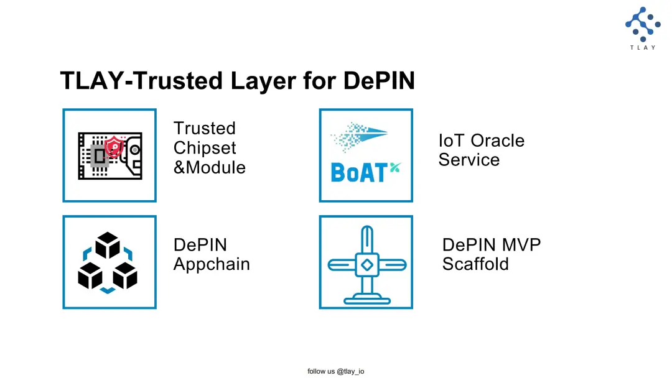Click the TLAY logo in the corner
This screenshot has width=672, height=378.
(642, 28)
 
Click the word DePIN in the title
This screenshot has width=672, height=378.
(379, 80)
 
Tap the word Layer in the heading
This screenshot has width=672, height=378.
(263, 81)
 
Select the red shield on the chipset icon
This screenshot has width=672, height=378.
(114, 147)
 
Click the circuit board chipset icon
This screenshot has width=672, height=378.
(110, 156)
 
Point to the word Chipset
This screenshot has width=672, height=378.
(205, 149)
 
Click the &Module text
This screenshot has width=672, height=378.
(210, 167)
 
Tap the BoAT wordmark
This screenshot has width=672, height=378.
(359, 173)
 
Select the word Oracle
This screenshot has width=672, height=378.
(498, 141)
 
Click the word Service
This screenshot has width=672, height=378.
(469, 160)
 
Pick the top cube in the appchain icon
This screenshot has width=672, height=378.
(108, 245)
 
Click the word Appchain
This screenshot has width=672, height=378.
(212, 264)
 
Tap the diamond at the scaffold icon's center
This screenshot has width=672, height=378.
(367, 265)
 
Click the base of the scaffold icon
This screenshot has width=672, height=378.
(367, 299)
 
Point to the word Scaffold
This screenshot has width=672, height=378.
(475, 264)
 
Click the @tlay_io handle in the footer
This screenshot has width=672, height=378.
(350, 371)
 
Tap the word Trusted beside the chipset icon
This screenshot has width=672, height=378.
(205, 129)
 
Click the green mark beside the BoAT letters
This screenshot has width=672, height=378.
(395, 168)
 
